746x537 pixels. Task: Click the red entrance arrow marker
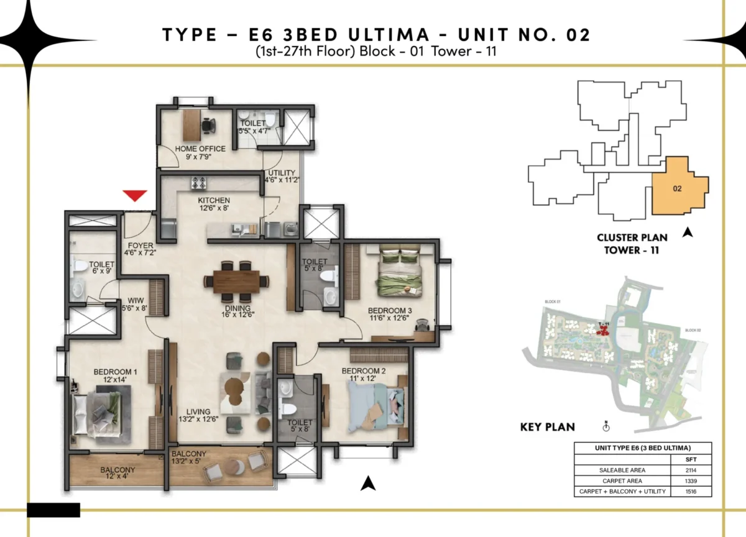pos(135,196)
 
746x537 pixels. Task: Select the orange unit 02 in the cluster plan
pos(678,188)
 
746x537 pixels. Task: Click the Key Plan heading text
pos(547,428)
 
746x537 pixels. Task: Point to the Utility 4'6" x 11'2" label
pos(280,177)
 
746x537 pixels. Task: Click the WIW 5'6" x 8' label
pos(136,303)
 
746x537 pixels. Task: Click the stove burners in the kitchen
pos(201,183)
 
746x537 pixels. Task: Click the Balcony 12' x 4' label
pos(117,474)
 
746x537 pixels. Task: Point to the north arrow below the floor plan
pos(369,483)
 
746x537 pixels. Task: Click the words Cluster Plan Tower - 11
pos(632,244)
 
